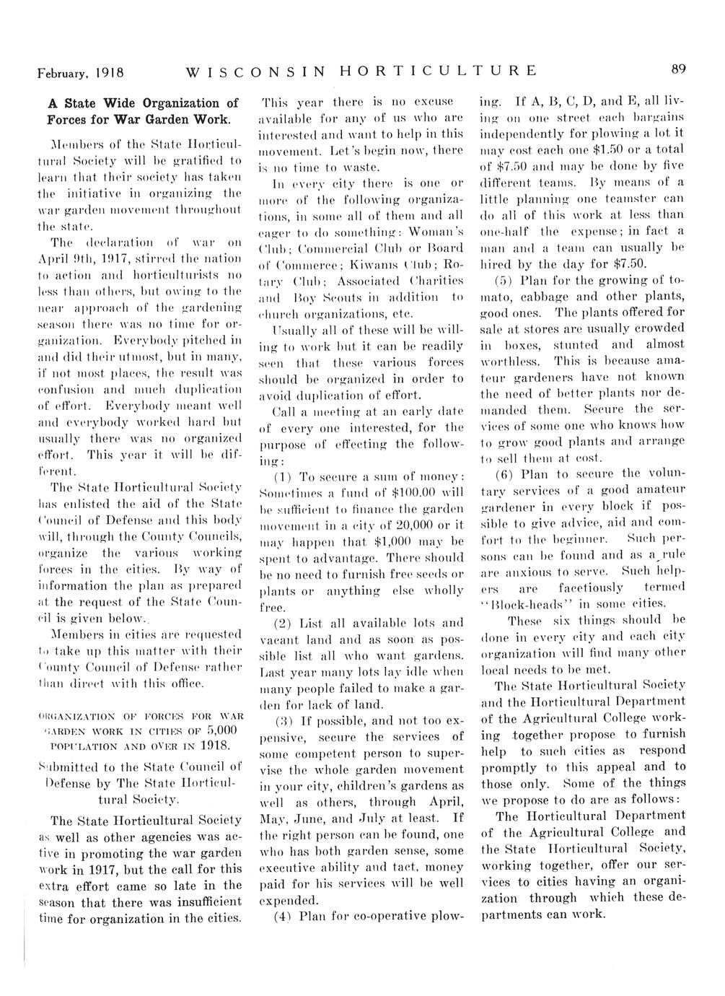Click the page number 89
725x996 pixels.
(677, 70)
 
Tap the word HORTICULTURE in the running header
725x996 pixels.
(439, 71)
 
